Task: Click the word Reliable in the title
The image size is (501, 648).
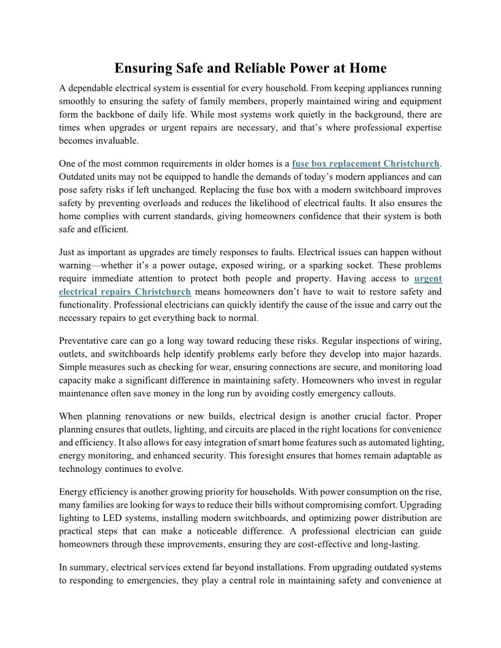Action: point(238,68)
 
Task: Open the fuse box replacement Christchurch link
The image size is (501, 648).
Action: point(366,164)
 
